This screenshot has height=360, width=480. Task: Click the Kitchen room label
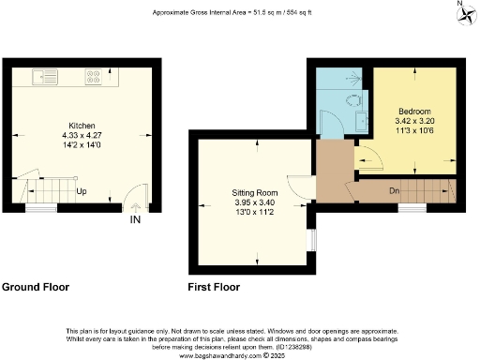pos(82,126)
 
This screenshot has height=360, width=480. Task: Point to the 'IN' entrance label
pos(135,221)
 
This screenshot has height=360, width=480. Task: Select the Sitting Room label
pos(252,192)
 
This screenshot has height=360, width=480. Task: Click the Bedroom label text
pos(412,112)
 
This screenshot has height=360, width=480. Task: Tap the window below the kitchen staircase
pos(39,208)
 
